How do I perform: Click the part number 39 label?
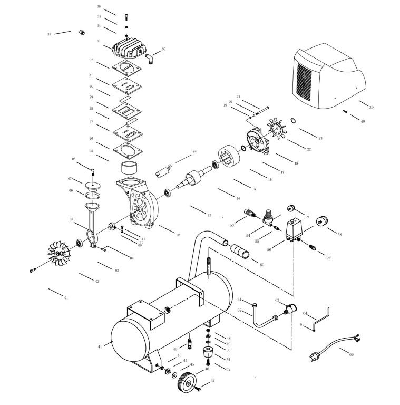371,108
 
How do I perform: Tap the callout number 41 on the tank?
100,346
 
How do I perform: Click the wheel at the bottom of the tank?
185,382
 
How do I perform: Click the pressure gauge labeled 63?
290,310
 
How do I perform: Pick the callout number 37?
49,34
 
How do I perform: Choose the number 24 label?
194,152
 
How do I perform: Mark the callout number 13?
209,216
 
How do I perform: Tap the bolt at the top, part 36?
126,17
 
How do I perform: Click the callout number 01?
66,298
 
